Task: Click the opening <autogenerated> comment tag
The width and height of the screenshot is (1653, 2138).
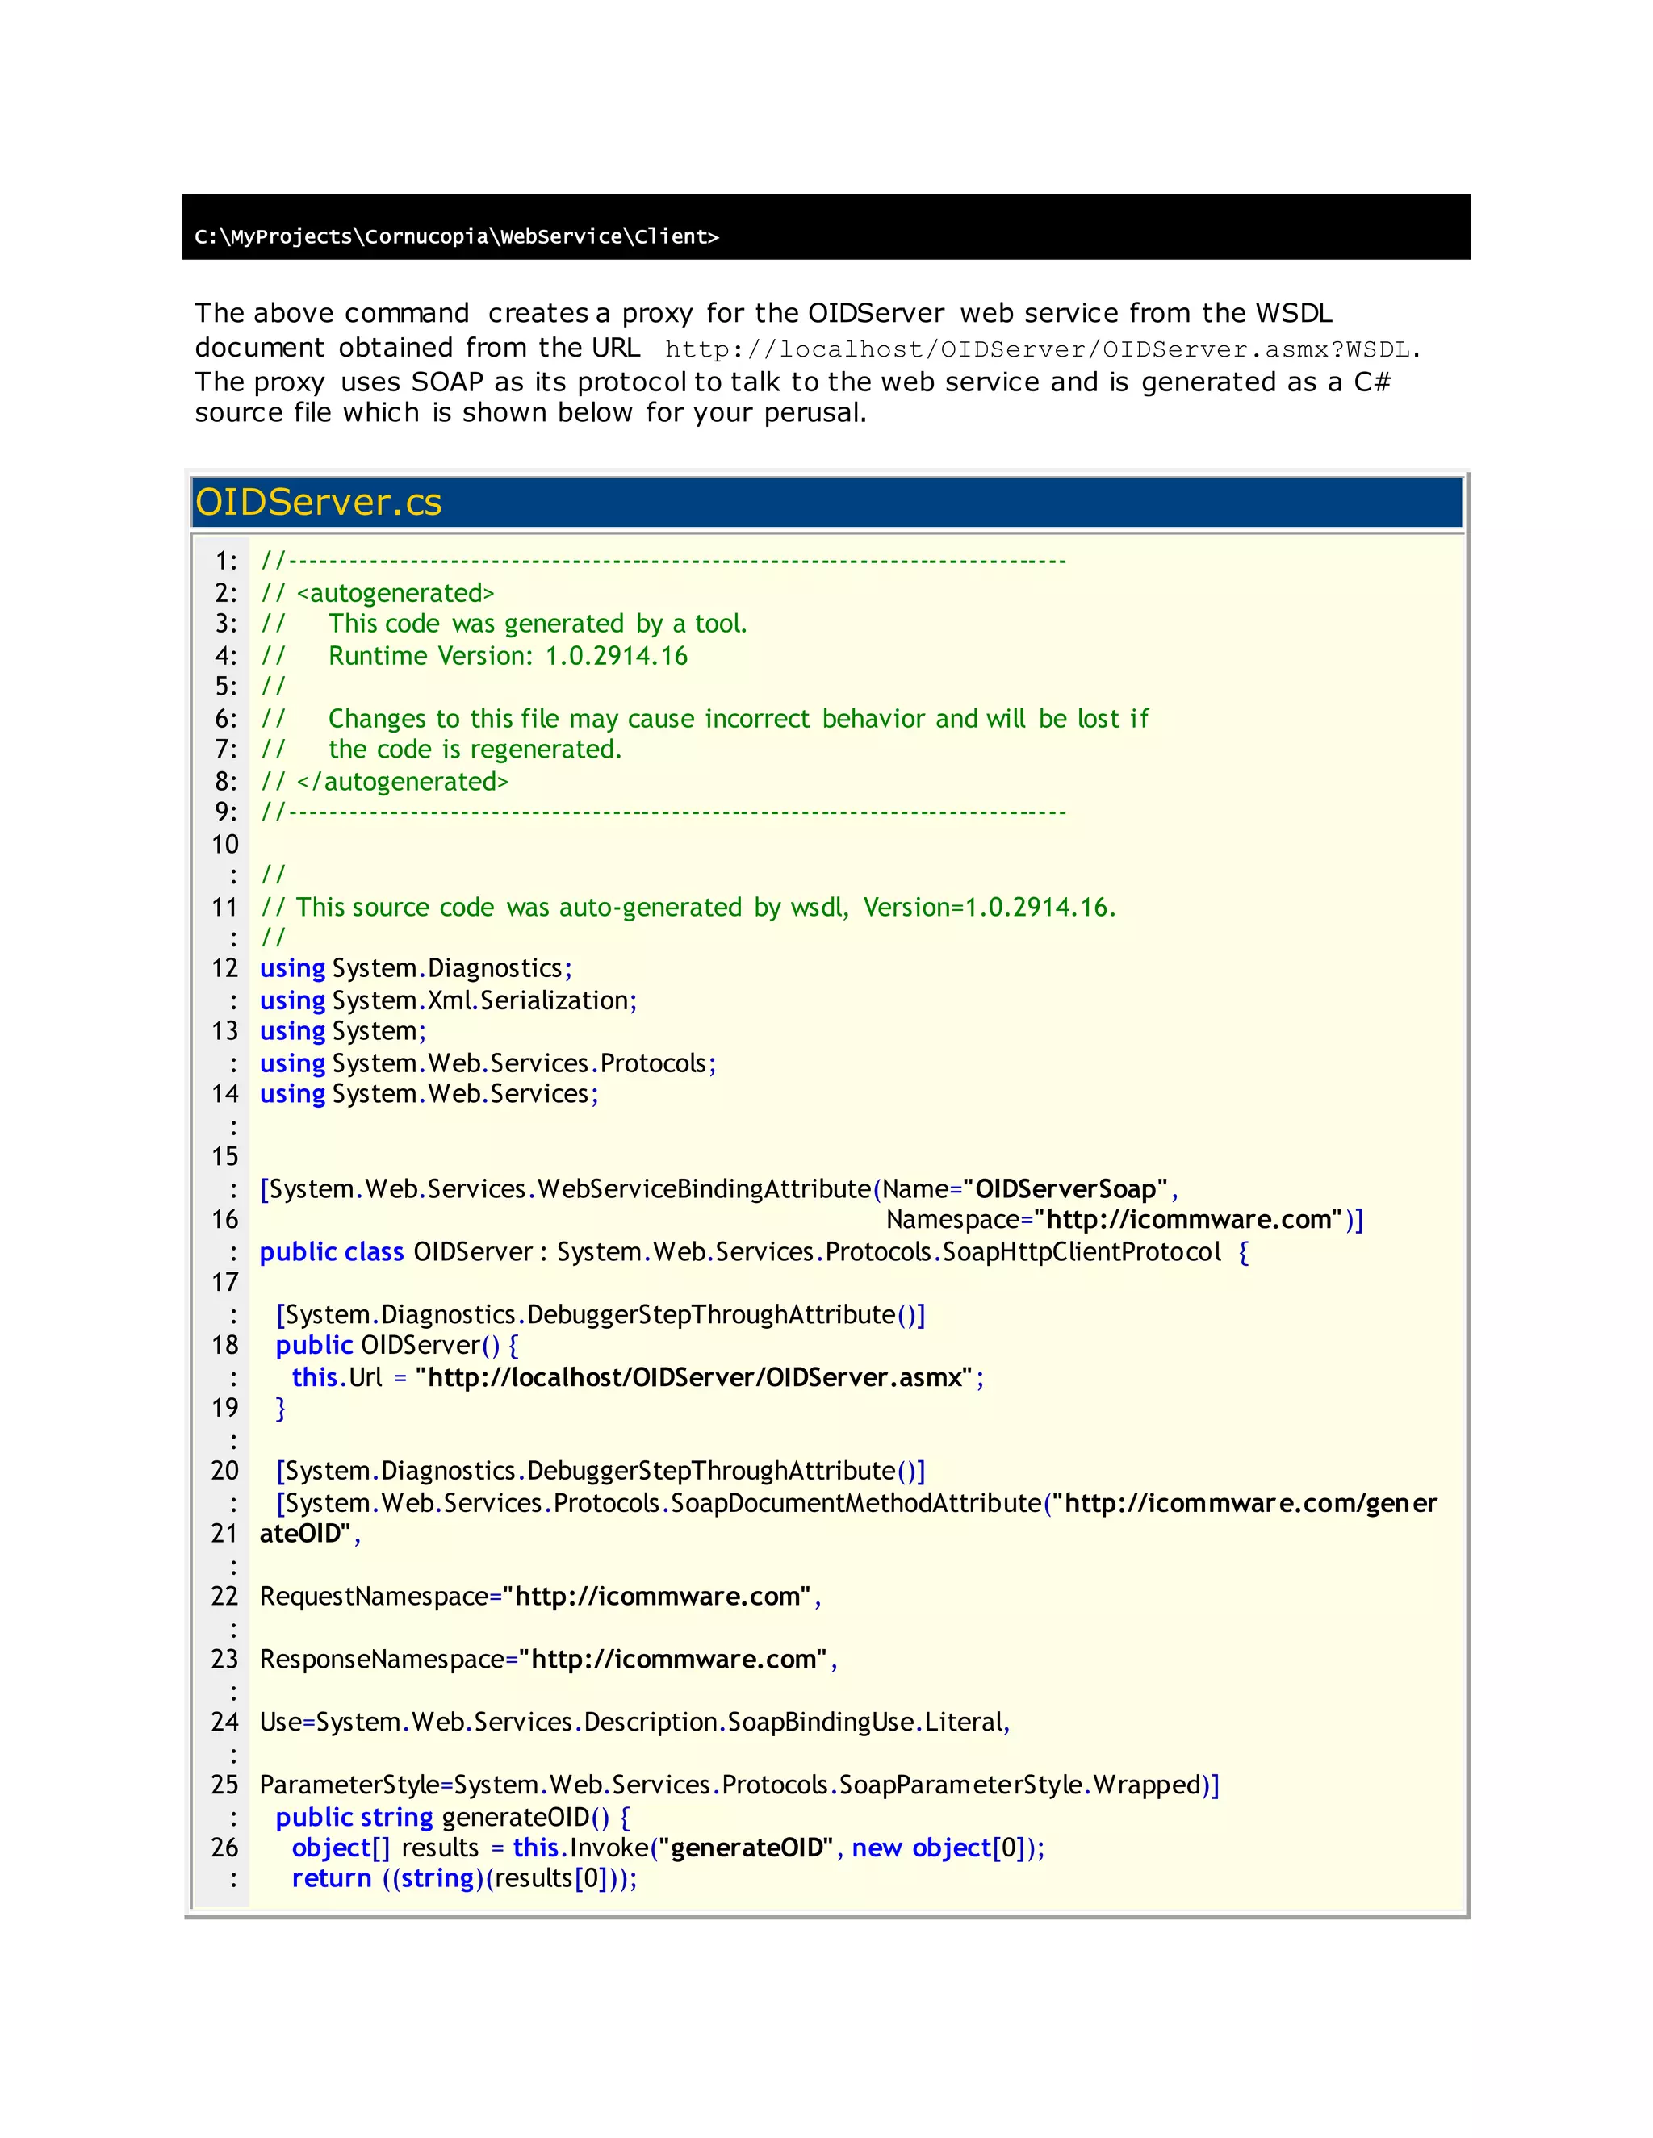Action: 395,593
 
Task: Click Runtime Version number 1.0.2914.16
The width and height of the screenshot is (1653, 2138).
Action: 616,656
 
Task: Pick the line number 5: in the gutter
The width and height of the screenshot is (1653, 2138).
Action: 225,687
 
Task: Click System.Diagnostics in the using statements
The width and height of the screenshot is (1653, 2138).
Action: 446,968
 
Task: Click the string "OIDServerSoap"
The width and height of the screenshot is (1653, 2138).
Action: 1065,1189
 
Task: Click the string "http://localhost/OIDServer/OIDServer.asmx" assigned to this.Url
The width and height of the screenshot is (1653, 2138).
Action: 694,1377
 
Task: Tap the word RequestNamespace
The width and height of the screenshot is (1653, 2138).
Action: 374,1597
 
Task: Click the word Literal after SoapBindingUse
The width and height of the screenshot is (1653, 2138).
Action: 965,1722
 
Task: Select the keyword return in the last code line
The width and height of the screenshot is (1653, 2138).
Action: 331,1878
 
